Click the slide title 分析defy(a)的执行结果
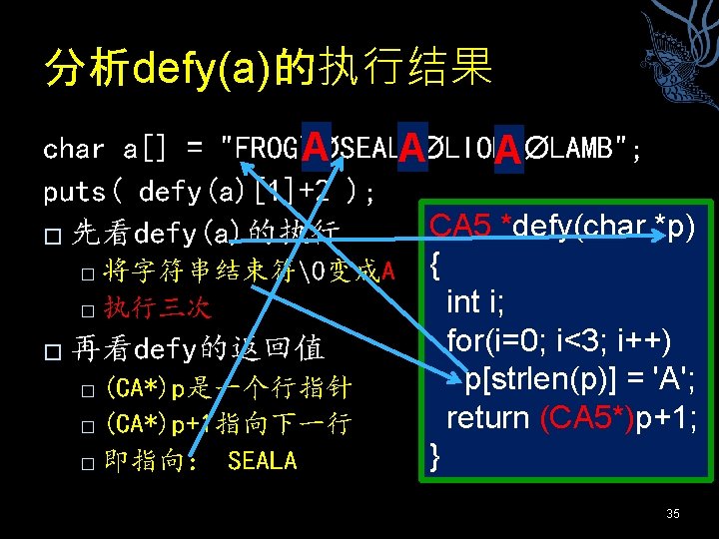[268, 68]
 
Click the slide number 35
[672, 513]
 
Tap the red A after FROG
[316, 149]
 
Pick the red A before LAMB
[507, 151]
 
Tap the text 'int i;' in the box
[479, 302]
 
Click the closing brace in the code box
[434, 456]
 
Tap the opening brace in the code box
[434, 266]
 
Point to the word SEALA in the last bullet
[262, 461]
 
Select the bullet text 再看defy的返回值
[200, 349]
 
